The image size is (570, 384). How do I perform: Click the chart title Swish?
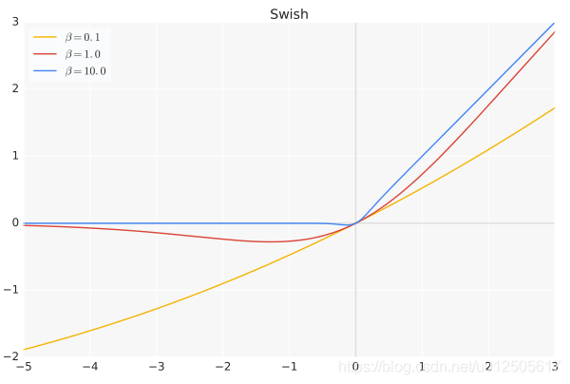pyautogui.click(x=289, y=14)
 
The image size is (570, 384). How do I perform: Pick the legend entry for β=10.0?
pyautogui.click(x=85, y=71)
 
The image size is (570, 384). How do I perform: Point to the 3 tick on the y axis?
pyautogui.click(x=14, y=22)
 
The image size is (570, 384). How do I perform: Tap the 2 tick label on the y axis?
pyautogui.click(x=14, y=88)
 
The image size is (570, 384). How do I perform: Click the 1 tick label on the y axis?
pyautogui.click(x=14, y=156)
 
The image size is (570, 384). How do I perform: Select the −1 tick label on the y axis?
pyautogui.click(x=12, y=290)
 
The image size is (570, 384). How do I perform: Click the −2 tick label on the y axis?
pyautogui.click(x=12, y=356)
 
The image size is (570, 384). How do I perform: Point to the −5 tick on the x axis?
pyautogui.click(x=24, y=367)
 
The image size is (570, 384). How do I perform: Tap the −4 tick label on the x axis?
pyautogui.click(x=90, y=367)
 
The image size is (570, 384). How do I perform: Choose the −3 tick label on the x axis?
pyautogui.click(x=157, y=367)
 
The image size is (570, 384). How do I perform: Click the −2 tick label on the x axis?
pyautogui.click(x=223, y=367)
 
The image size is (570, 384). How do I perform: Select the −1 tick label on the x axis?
pyautogui.click(x=290, y=367)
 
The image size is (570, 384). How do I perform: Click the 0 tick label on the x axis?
pyautogui.click(x=356, y=367)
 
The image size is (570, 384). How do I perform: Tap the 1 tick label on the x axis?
pyautogui.click(x=423, y=367)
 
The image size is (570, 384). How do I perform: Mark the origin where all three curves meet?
pyautogui.click(x=356, y=223)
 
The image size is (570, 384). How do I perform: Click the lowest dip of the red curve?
pyautogui.click(x=271, y=241)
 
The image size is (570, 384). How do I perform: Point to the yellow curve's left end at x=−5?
pyautogui.click(x=25, y=350)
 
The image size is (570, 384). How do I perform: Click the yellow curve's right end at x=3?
pyautogui.click(x=555, y=107)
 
